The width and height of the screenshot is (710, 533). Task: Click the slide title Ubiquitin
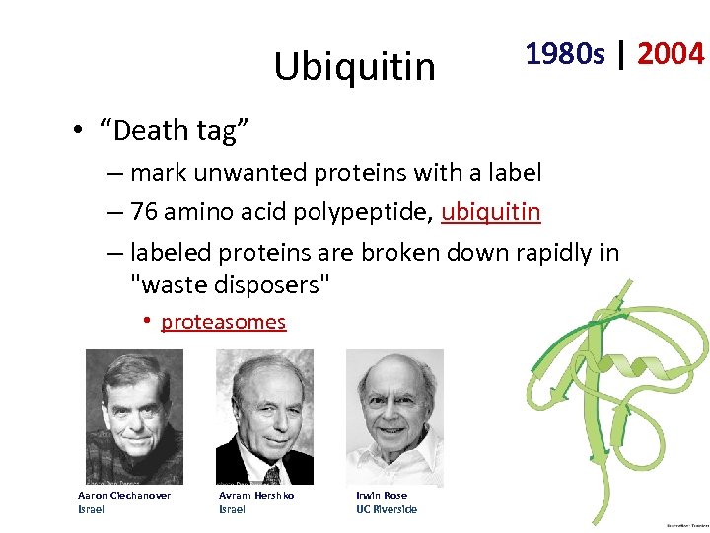(354, 67)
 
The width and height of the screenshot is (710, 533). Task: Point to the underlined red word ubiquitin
(491, 212)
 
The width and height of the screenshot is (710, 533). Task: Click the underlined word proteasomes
(224, 322)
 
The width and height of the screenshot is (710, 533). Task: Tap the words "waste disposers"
(231, 285)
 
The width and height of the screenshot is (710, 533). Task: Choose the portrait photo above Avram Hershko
(264, 418)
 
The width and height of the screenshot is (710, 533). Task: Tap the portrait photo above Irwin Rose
(394, 418)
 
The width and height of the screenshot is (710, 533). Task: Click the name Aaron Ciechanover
(124, 495)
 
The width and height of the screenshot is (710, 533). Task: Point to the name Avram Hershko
(256, 495)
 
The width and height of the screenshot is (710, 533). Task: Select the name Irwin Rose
(382, 495)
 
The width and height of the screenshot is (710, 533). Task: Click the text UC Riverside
(387, 509)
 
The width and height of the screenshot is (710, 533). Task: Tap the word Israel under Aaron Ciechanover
(91, 509)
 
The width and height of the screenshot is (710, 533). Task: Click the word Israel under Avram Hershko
(232, 509)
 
